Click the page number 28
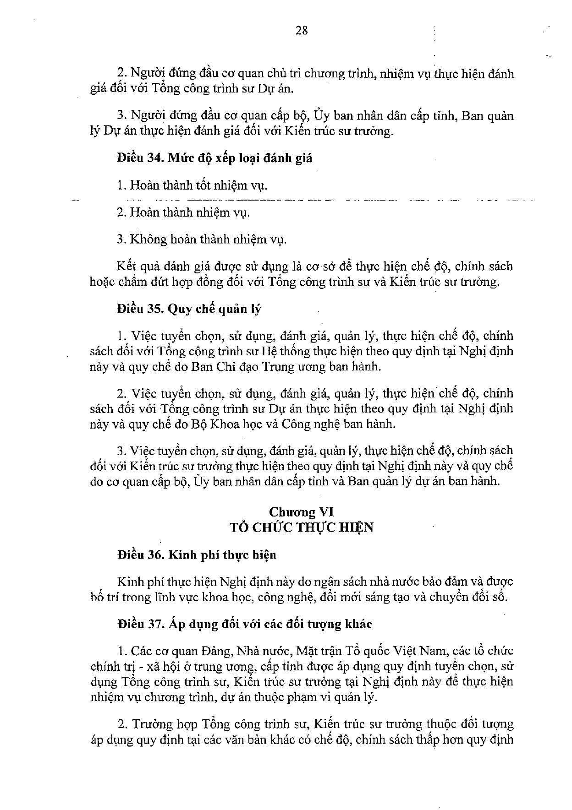tap(302, 31)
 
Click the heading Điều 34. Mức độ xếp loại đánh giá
tap(214, 158)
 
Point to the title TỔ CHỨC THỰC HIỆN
tap(302, 527)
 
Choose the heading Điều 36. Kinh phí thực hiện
tap(197, 555)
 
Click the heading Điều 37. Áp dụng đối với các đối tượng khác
tap(245, 624)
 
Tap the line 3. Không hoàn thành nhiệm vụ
tap(202, 239)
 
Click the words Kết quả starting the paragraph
tap(134, 266)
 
